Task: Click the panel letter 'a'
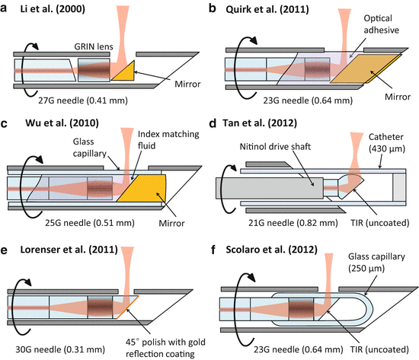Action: point(4,8)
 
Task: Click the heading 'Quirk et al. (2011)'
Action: point(267,10)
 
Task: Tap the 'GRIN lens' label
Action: point(94,46)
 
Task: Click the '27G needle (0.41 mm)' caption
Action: point(83,100)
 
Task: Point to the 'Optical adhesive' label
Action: point(382,24)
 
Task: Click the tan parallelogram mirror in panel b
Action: point(366,68)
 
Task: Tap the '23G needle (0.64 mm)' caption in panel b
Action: point(308,100)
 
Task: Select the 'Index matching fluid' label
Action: point(168,140)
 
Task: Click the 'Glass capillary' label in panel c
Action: point(90,148)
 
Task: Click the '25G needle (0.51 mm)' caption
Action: point(90,223)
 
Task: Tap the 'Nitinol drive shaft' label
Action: point(275,147)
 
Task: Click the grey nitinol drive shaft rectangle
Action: point(270,188)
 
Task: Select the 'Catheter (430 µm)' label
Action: point(387,142)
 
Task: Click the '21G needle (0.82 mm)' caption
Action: point(293,223)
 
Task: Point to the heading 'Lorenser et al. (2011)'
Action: point(69,250)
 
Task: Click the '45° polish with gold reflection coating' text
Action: point(165,348)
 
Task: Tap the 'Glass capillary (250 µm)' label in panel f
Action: point(376,263)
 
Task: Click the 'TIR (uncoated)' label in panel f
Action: point(379,349)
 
